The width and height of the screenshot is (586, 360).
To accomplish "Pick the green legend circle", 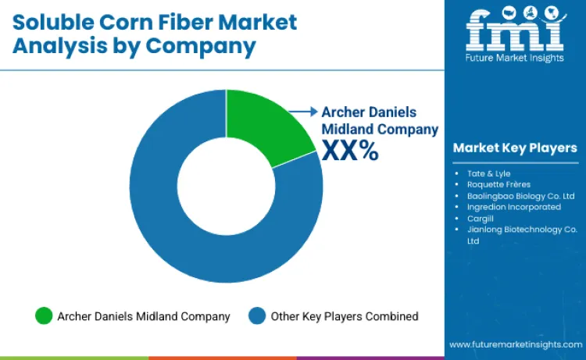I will coord(44,316).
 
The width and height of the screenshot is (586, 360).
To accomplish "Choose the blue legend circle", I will coord(257,316).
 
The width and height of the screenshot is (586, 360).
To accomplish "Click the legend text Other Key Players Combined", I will coord(345,316).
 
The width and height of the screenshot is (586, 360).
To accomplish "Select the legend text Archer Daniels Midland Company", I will coord(144,316).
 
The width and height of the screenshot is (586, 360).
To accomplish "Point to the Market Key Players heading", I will coord(515,148).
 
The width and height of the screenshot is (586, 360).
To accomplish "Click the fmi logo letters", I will coord(515,30).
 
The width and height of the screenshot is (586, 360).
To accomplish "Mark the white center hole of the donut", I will coord(226,186).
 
